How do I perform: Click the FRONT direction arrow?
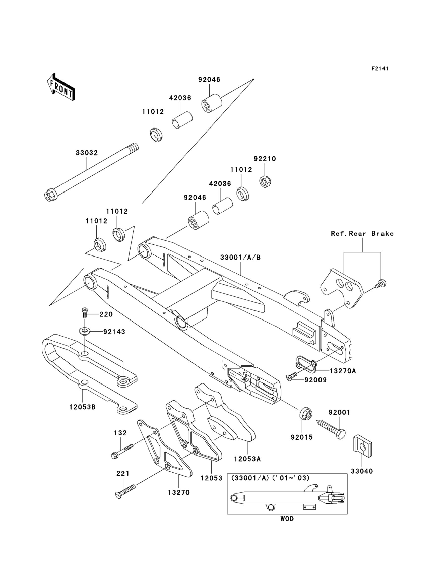point(61,87)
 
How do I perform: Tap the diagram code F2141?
point(380,69)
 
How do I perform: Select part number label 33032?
point(87,153)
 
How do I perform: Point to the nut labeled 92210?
point(265,182)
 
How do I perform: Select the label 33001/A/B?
point(240,257)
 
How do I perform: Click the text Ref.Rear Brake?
point(362,234)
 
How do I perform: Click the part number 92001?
point(339,412)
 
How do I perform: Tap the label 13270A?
point(342,371)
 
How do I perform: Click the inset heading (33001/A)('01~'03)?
point(270,478)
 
